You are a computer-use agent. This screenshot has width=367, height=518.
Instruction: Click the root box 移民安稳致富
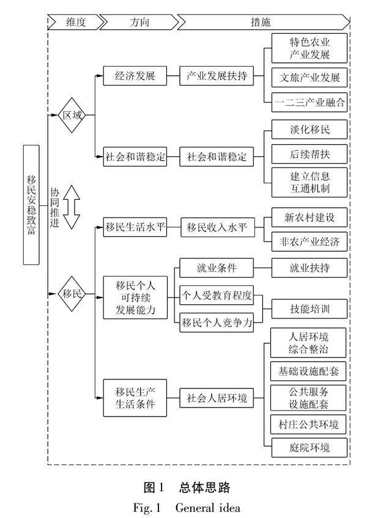32,205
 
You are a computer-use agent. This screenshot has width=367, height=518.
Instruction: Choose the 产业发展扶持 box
217,78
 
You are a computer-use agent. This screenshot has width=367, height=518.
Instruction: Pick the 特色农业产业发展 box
310,49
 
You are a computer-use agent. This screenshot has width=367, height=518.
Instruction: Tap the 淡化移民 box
310,130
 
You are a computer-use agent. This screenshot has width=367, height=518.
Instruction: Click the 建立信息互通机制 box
310,183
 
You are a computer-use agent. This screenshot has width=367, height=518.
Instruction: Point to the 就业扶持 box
310,267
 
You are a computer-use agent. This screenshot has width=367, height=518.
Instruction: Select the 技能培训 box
310,309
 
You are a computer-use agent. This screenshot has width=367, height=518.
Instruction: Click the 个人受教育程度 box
217,295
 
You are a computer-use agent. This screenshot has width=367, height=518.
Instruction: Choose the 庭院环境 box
310,447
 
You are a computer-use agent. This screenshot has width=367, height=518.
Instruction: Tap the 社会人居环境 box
217,399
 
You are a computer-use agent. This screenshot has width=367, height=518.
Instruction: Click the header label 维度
77,22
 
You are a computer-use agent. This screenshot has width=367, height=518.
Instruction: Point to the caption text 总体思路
203,487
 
